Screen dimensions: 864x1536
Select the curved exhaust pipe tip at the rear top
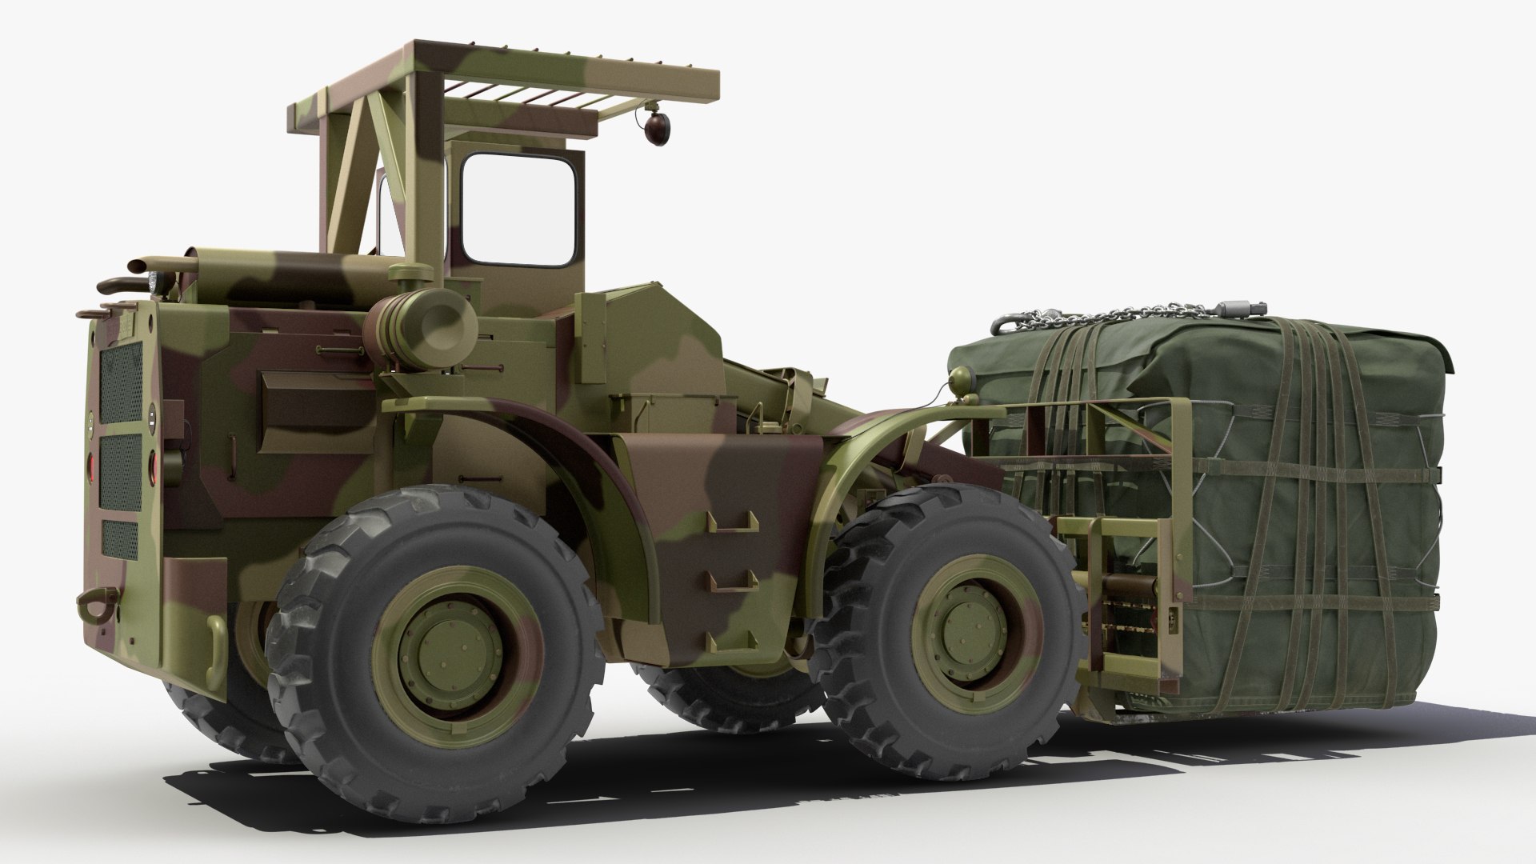click(113, 284)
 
